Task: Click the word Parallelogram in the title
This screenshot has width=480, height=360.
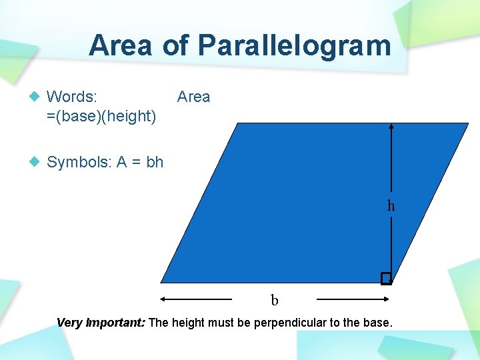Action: [294, 46]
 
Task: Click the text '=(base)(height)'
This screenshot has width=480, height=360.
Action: [101, 117]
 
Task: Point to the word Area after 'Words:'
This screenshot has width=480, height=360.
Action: [193, 97]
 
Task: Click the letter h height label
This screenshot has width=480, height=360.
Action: [391, 206]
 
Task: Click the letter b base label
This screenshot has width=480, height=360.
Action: [274, 301]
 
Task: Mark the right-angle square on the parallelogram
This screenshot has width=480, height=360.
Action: [386, 278]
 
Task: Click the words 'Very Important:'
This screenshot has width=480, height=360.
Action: [101, 323]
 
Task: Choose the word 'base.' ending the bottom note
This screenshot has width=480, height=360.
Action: [378, 323]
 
